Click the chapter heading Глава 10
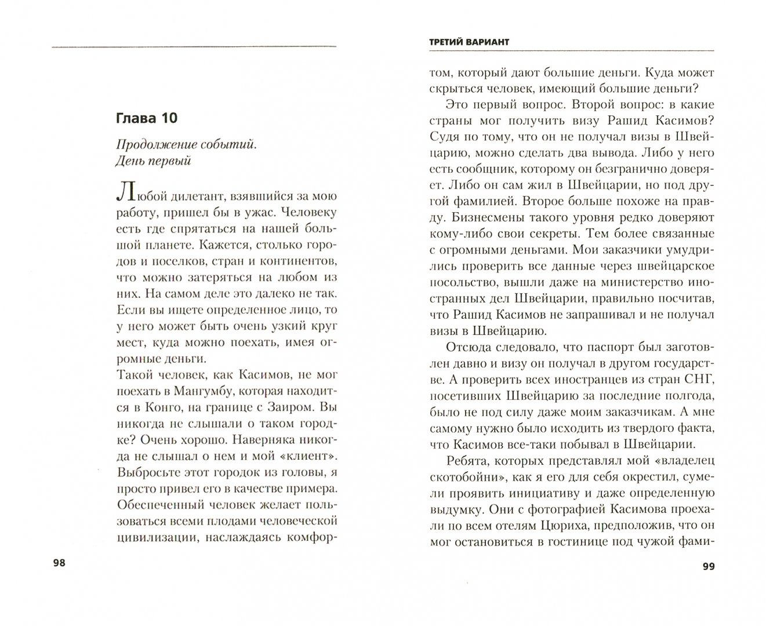[146, 119]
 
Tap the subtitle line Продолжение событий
[186, 145]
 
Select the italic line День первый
[154, 161]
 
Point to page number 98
[59, 563]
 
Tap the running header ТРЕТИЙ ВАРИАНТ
[467, 43]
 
